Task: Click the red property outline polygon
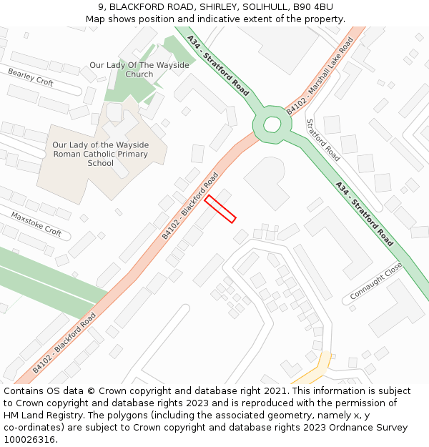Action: tap(220, 209)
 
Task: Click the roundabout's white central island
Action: tap(272, 124)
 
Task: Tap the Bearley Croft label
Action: tap(31, 77)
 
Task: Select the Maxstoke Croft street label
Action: tap(36, 223)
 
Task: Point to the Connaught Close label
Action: tap(376, 282)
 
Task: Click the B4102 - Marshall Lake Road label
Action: tap(320, 77)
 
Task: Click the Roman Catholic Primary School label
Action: tap(100, 154)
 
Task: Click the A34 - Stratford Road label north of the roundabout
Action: tap(218, 65)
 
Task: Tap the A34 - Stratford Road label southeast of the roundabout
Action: tap(364, 213)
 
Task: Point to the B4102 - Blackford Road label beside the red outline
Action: tap(189, 205)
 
